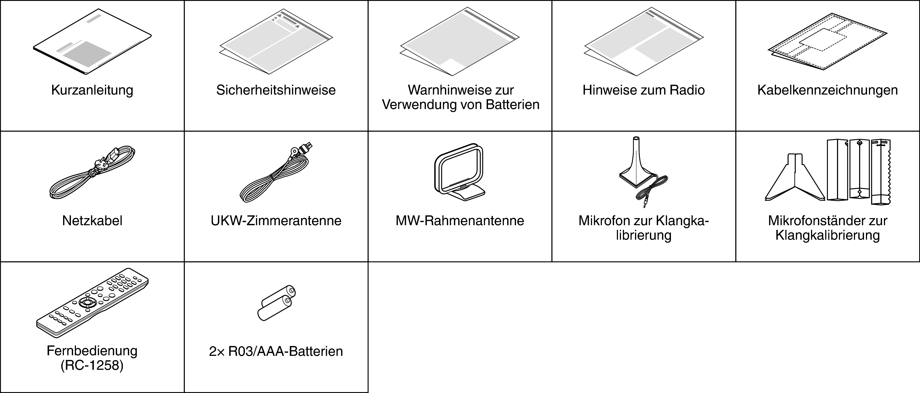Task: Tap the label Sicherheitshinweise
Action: [276, 90]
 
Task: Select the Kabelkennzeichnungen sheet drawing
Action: [827, 46]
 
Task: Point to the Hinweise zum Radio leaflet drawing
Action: [644, 42]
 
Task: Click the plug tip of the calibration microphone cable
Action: [645, 205]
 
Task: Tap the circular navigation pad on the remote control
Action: [87, 302]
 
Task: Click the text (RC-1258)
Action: [92, 366]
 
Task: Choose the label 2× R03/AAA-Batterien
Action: [276, 351]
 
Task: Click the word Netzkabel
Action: [92, 221]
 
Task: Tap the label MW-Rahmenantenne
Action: [460, 221]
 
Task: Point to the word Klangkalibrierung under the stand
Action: [827, 235]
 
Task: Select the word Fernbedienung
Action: [92, 351]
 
